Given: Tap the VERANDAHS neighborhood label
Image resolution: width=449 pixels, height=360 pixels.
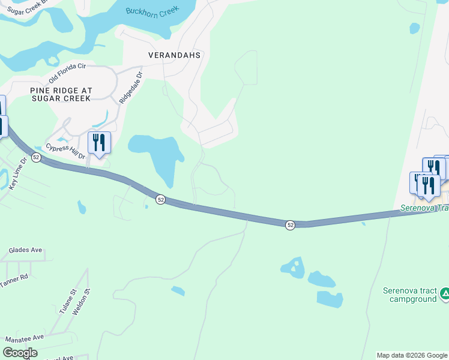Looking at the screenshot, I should click(175, 55).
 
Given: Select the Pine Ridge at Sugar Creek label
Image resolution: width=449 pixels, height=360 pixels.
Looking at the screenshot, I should click(61, 95).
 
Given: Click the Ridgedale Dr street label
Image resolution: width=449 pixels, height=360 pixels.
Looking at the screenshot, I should click(131, 89).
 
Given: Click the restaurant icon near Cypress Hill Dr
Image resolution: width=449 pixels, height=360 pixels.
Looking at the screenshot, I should click(99, 143).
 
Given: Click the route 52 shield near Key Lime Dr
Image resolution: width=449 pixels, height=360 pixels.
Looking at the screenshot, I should click(37, 157).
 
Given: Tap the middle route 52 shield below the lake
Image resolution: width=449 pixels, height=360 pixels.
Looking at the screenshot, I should click(160, 199).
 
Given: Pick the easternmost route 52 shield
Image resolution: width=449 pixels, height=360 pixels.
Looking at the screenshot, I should click(290, 225).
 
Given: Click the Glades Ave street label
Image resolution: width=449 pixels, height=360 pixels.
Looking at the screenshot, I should click(26, 250).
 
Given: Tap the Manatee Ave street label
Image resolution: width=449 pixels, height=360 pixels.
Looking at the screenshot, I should click(25, 338).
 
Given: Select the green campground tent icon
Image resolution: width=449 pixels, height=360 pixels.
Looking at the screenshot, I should click(445, 293).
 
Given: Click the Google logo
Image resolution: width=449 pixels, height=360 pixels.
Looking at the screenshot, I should click(20, 353).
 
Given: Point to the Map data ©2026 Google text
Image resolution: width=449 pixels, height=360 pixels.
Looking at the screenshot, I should click(411, 355).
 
